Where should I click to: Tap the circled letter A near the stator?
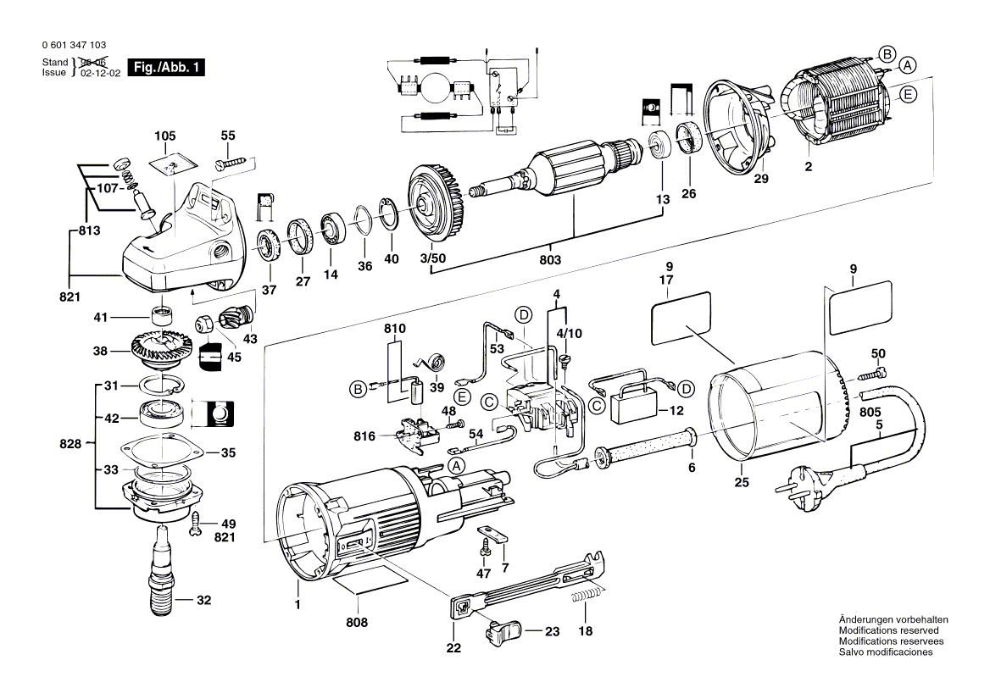(907, 65)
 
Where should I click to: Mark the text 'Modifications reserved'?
(888, 630)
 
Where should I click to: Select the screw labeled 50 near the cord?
(876, 373)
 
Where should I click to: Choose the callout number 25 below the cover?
(742, 483)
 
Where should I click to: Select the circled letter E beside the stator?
(907, 95)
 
